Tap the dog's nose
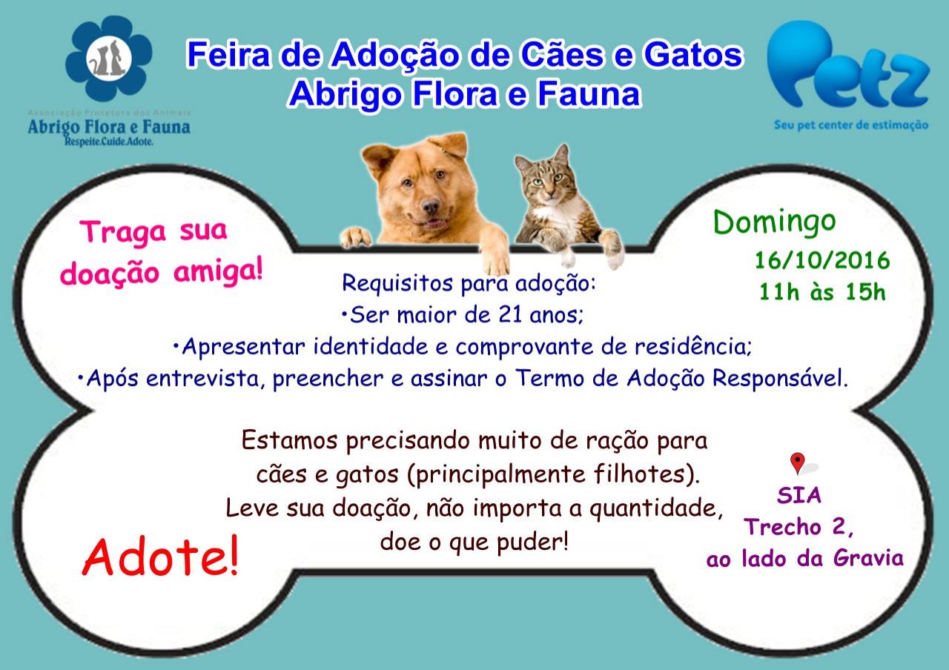click(x=431, y=206)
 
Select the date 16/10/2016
click(x=822, y=260)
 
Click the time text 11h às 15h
click(x=822, y=292)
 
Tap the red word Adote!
click(x=161, y=556)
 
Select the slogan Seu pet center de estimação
click(x=851, y=125)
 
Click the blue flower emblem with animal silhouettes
click(x=109, y=58)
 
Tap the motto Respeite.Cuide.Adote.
click(x=109, y=142)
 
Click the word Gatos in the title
click(x=692, y=55)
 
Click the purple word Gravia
click(x=868, y=558)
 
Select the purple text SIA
click(x=799, y=495)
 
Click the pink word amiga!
click(x=218, y=271)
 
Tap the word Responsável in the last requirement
click(x=781, y=378)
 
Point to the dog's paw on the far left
click(x=357, y=238)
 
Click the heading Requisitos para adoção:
click(x=469, y=283)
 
